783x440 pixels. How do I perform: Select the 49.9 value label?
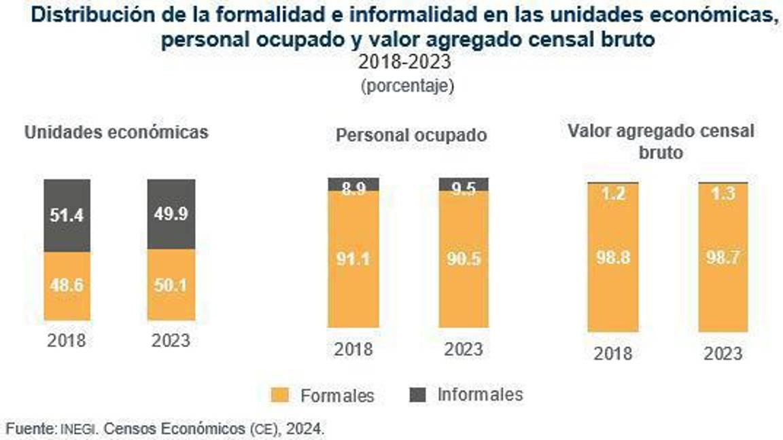tap(171, 215)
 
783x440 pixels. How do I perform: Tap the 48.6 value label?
tap(67, 285)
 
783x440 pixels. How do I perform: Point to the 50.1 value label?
tap(171, 285)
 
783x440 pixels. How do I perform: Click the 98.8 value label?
tap(613, 259)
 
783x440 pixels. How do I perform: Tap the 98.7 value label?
tap(723, 259)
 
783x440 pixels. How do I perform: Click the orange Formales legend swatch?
tap(280, 395)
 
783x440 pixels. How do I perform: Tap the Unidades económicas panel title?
tap(116, 132)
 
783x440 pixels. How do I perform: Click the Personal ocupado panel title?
tap(411, 135)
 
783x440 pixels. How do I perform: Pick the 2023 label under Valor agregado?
tap(723, 354)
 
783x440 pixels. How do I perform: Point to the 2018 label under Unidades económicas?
tap(67, 340)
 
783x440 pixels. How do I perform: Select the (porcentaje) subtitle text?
tap(407, 86)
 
